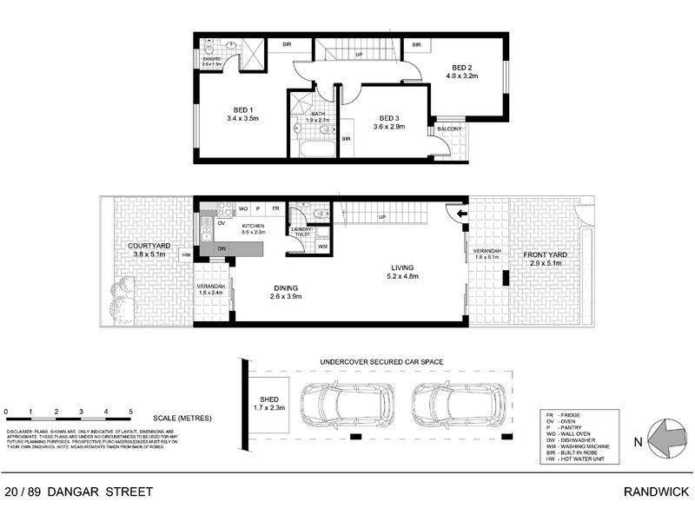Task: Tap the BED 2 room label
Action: click(460, 68)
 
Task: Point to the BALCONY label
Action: click(449, 129)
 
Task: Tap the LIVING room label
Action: click(402, 267)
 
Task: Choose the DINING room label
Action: click(286, 288)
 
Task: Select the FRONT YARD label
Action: click(543, 256)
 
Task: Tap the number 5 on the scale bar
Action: click(130, 411)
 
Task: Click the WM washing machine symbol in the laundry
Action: click(322, 247)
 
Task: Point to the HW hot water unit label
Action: click(186, 254)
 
